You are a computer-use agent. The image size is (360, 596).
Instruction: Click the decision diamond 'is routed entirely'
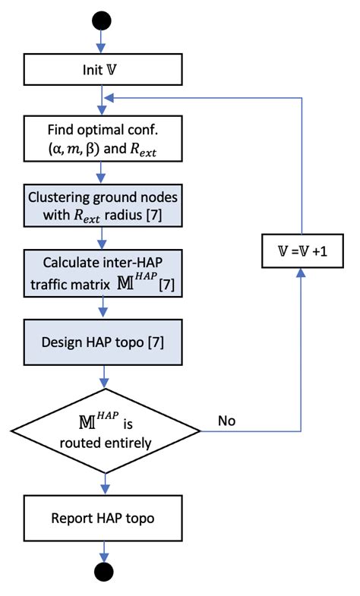(101, 431)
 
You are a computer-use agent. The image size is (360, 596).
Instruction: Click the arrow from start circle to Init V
(101, 41)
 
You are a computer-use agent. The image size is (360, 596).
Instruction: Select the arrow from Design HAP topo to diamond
(101, 381)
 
